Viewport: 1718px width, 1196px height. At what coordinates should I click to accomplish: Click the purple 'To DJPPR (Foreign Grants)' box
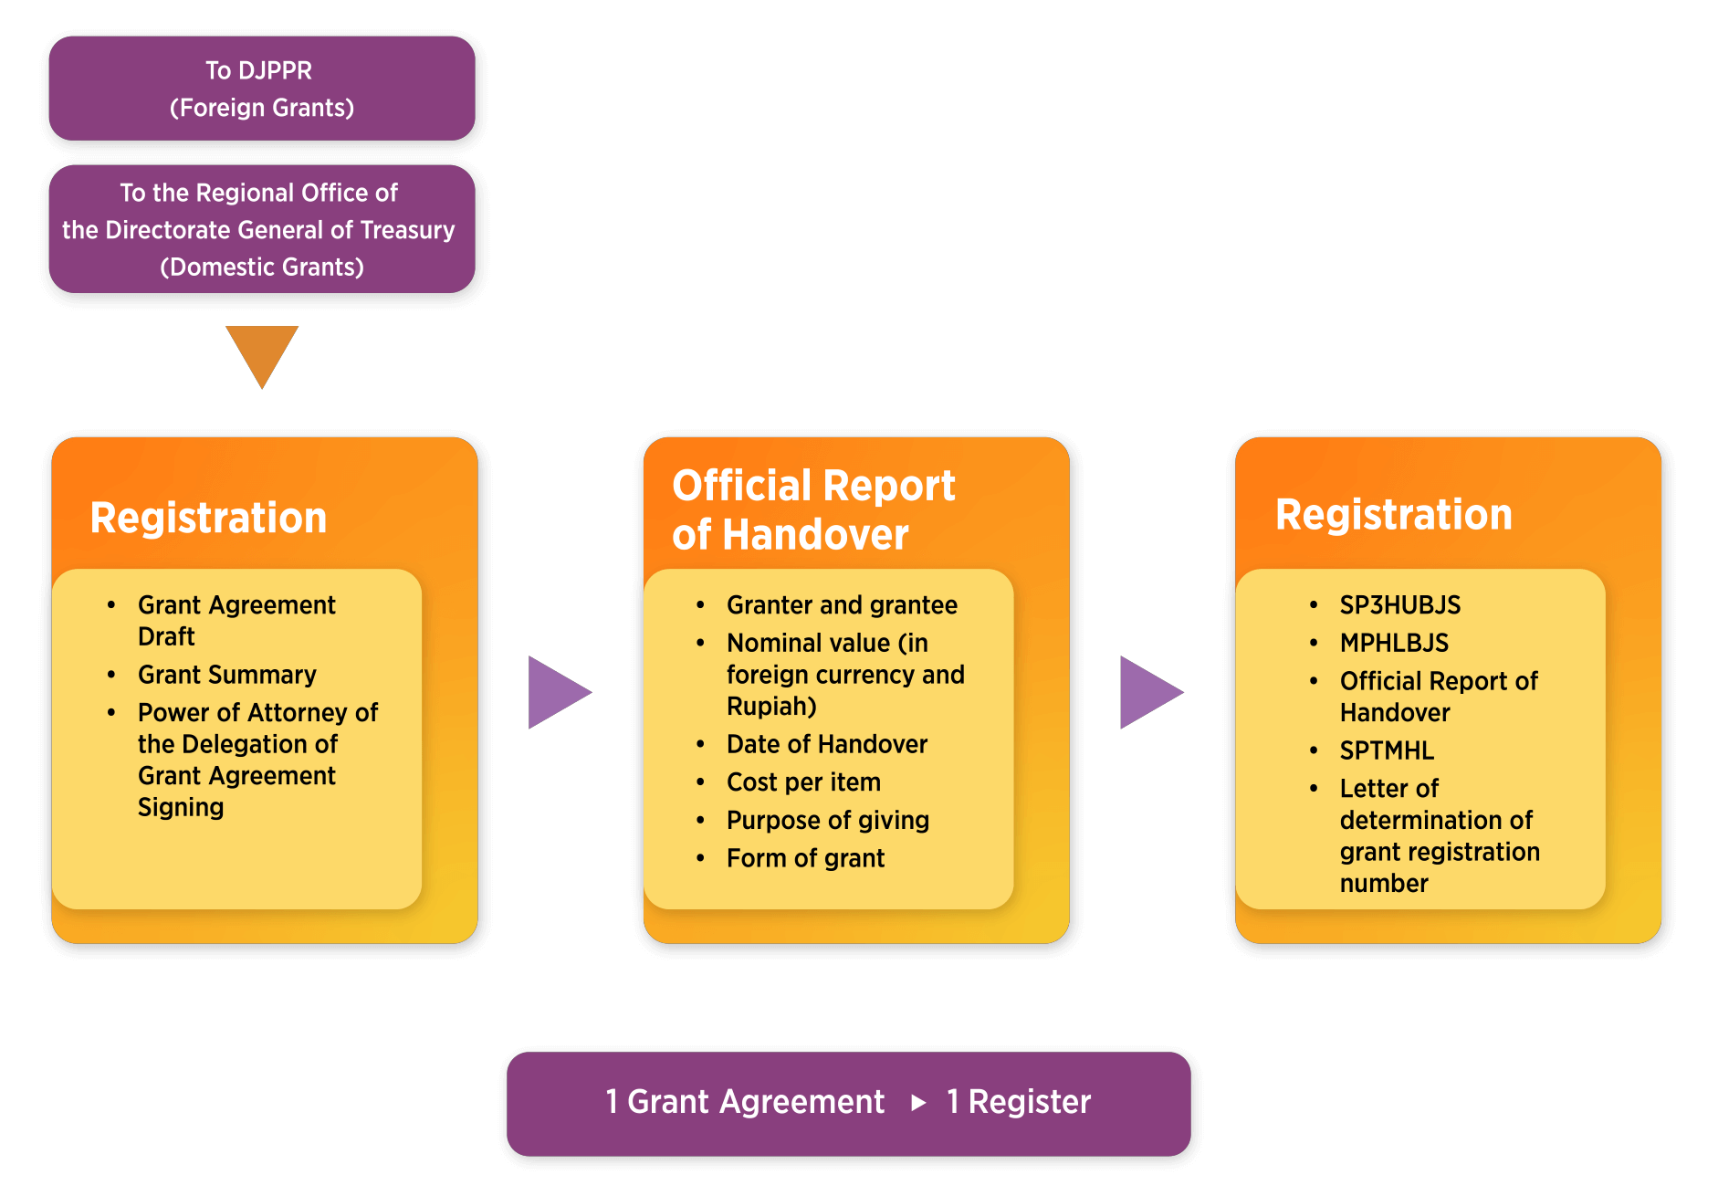[262, 89]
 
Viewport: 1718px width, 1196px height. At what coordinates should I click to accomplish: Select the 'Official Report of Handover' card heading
[812, 509]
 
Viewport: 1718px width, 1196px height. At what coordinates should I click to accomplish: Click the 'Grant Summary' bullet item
[226, 675]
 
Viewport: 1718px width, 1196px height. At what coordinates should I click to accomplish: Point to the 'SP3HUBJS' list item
[1399, 604]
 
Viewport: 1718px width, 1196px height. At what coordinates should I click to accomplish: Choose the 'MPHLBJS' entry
[1394, 643]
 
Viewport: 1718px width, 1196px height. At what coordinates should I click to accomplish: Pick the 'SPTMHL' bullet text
[1387, 750]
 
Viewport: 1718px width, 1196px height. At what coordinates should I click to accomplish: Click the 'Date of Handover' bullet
[826, 744]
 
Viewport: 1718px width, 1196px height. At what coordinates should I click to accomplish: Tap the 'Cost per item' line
[803, 782]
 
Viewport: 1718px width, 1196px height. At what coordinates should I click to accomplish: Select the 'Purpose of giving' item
[827, 820]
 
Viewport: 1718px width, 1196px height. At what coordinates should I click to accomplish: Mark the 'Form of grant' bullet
[805, 858]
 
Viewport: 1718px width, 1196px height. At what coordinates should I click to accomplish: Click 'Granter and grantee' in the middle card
[842, 604]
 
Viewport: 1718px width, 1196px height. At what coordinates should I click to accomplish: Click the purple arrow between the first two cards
[557, 692]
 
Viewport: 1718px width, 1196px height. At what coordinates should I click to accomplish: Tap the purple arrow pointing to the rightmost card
[1148, 692]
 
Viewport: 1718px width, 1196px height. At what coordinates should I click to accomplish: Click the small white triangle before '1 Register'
[918, 1103]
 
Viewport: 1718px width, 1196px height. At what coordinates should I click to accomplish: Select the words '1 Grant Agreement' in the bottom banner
[745, 1102]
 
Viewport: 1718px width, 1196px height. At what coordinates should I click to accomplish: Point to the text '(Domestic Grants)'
[262, 267]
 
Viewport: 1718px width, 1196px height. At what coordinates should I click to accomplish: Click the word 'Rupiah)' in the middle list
[771, 706]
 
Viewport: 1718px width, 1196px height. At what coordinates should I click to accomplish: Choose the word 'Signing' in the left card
[181, 807]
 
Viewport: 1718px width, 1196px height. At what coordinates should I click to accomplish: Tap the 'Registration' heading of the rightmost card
[1393, 514]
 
